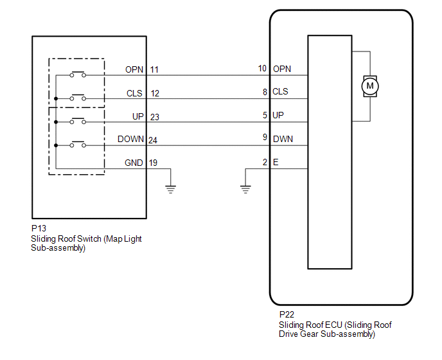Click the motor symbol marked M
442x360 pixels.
tap(369, 85)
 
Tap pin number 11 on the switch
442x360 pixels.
tap(154, 69)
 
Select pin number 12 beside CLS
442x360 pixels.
tap(155, 93)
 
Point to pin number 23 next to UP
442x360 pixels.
tap(155, 117)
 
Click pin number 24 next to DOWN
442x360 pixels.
tap(153, 140)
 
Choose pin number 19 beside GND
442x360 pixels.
tap(153, 163)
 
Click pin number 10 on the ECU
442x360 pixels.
tap(262, 68)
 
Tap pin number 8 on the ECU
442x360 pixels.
tap(265, 92)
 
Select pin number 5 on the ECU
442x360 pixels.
tap(265, 115)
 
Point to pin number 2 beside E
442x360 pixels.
tap(265, 162)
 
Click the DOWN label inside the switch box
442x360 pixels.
tap(130, 139)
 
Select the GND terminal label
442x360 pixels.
tap(134, 163)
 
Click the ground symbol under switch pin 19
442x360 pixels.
tap(170, 188)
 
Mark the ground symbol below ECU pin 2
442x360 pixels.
tap(245, 188)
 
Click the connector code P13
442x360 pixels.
tap(39, 228)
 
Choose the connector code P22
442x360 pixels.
tap(287, 314)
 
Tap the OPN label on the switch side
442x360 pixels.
tap(134, 69)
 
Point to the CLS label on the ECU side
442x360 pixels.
tap(280, 92)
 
